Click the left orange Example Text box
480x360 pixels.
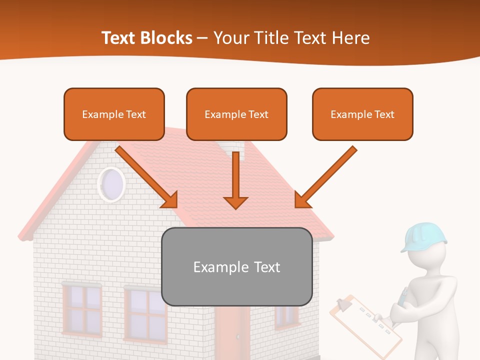114,114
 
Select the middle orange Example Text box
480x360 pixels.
236,114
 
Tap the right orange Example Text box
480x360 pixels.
362,114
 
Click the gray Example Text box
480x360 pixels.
237,267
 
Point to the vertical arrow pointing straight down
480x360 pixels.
235,180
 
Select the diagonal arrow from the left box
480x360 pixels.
147,177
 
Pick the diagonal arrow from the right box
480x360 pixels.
325,177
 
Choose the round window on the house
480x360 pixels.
111,184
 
